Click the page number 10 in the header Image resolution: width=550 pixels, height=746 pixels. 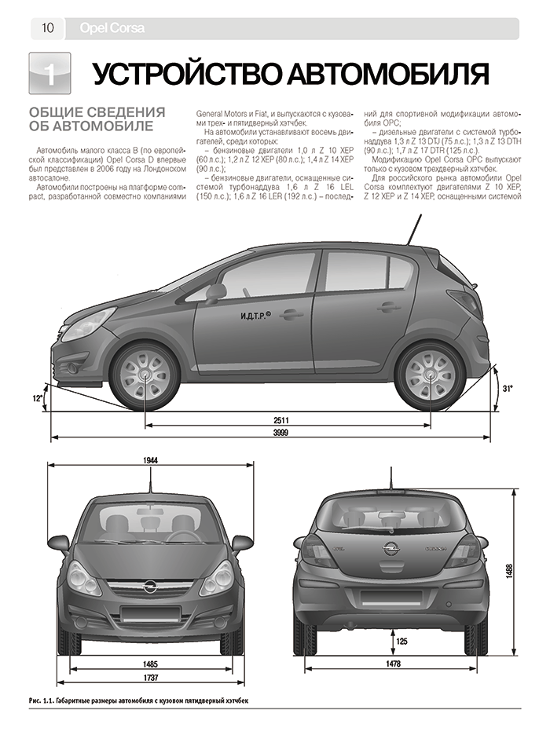click(47, 29)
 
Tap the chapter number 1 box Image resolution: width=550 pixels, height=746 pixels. click(49, 74)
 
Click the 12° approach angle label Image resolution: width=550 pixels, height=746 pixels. click(36, 399)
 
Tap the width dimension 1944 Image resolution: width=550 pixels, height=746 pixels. click(152, 460)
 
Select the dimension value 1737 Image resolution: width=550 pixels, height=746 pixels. click(152, 678)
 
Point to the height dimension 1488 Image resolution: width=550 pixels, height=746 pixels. click(511, 571)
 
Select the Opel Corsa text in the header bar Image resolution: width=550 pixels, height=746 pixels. click(112, 29)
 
